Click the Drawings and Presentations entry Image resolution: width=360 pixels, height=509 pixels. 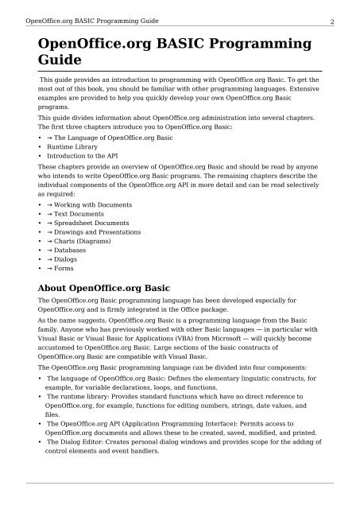99,232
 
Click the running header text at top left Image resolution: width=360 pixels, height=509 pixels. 78,9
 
